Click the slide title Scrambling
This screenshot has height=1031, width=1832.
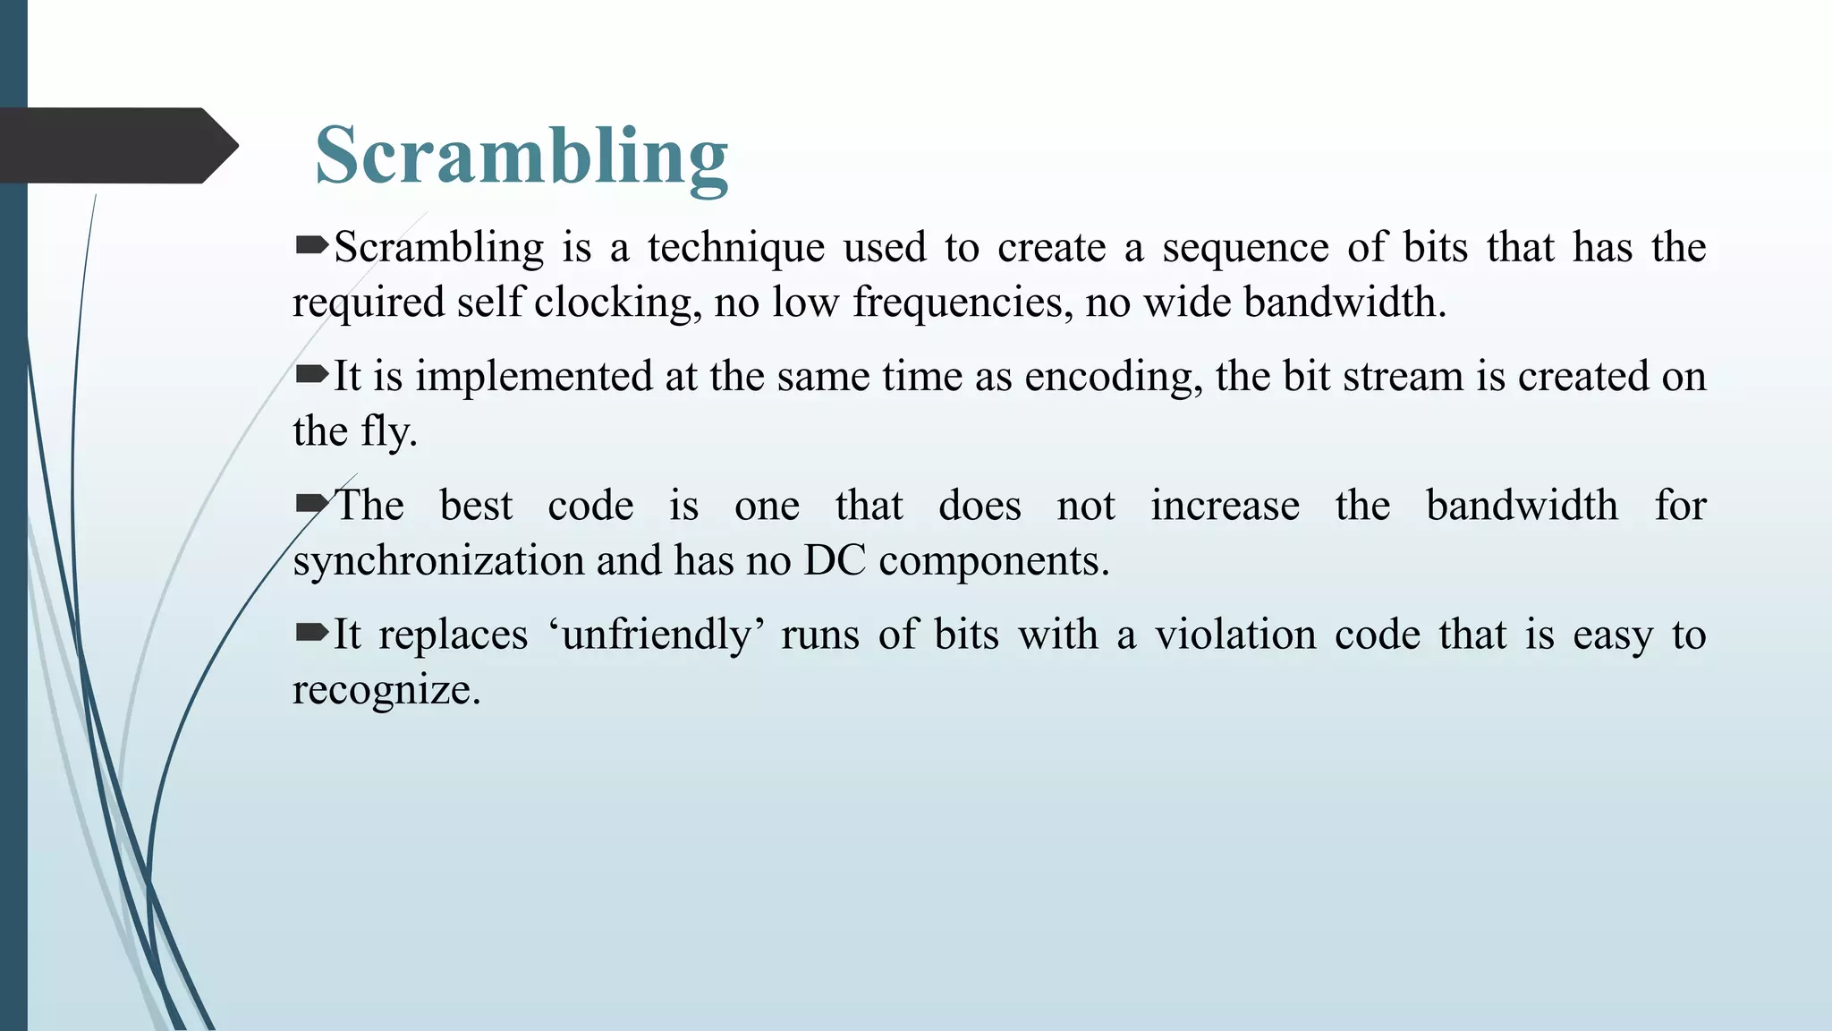(522, 156)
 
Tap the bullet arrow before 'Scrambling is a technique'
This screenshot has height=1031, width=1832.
(311, 245)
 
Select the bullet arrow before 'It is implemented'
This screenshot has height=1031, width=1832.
(311, 374)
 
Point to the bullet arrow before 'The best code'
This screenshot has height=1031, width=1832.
(311, 504)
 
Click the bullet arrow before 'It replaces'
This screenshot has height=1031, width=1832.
(311, 633)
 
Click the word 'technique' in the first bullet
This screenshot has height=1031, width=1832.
(735, 248)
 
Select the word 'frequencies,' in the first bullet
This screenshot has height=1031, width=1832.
(962, 302)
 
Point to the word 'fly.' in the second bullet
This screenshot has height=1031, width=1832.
(389, 432)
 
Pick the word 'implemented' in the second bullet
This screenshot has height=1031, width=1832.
(533, 377)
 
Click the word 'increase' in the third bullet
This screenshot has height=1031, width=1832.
(1225, 506)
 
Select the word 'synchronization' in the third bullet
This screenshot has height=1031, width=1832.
(438, 561)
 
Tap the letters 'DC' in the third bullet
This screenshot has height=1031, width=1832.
(835, 561)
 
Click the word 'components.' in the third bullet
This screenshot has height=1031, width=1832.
(994, 561)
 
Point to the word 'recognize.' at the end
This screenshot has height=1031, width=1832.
(386, 690)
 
